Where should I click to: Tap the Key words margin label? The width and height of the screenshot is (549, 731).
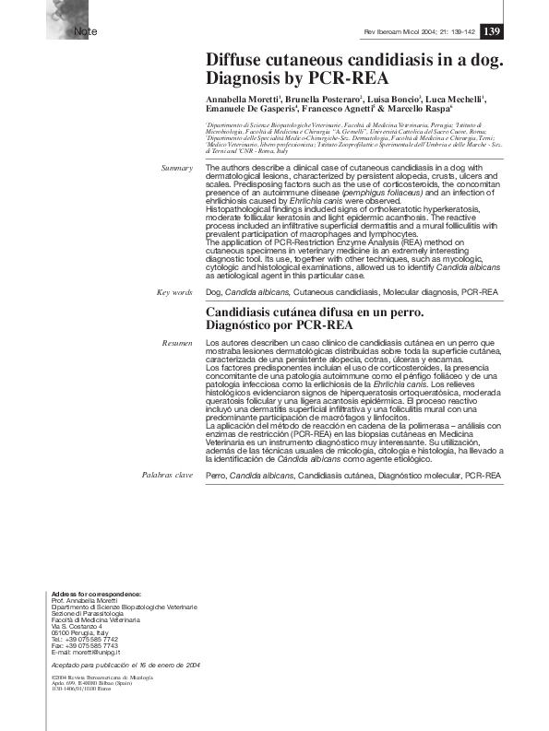(174, 291)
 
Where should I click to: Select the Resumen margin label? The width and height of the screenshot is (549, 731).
(176, 343)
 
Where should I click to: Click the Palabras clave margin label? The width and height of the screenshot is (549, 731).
(167, 475)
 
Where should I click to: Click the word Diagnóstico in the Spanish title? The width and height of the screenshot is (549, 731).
(244, 325)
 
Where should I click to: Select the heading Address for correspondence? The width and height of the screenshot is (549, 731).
(97, 593)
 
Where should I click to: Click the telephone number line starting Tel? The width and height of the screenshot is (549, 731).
(85, 639)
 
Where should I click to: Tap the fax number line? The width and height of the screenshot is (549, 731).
(85, 645)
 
